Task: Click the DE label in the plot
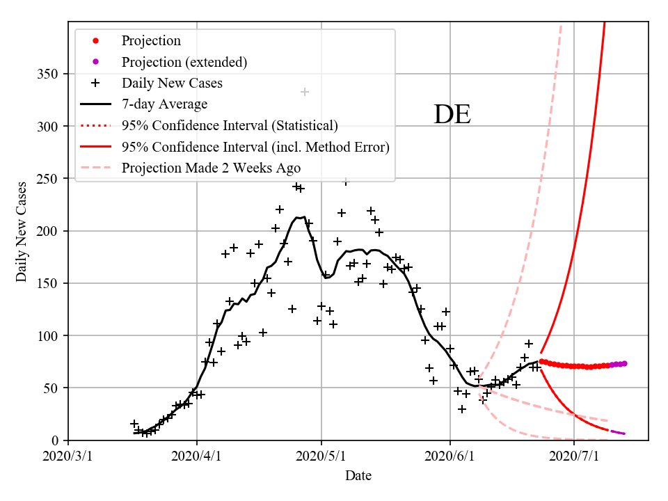coord(452,115)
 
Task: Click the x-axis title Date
coord(358,476)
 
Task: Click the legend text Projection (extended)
coord(184,62)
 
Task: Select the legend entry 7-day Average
coord(164,104)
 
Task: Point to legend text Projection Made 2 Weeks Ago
coord(212,168)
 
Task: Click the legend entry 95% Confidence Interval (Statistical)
coord(230,125)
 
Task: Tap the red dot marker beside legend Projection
coord(96,41)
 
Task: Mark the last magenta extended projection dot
coord(624,363)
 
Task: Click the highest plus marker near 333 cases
coord(304,92)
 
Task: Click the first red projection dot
coord(541,361)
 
